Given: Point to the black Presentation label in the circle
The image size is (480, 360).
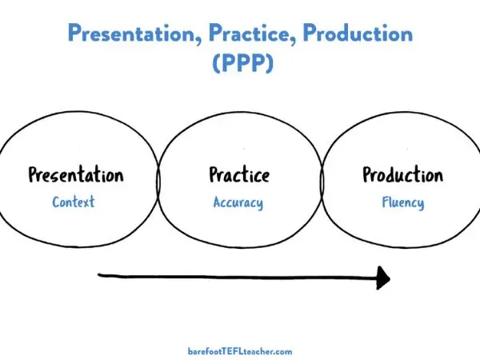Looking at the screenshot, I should click(76, 174).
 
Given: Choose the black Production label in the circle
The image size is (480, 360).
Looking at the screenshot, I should click(402, 174).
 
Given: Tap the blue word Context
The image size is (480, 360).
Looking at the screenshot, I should click(74, 202).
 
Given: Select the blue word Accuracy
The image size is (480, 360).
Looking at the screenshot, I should click(238, 202).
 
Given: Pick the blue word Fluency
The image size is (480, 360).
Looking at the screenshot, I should click(402, 202).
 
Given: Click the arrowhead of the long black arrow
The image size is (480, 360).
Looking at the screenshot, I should click(383, 278).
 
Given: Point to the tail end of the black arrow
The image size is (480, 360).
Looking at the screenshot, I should click(101, 276).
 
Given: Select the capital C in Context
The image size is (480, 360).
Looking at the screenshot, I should click(56, 202).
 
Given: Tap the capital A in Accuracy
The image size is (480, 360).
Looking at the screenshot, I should click(218, 202).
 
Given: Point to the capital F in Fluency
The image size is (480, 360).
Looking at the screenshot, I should click(385, 202).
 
